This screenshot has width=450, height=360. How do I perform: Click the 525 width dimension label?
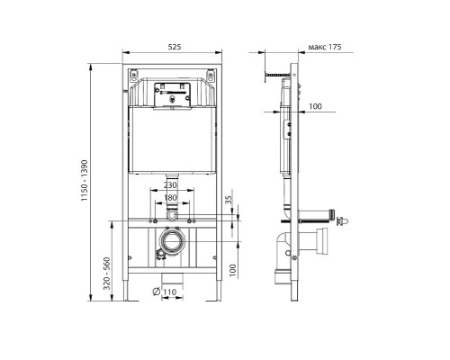point(175,47)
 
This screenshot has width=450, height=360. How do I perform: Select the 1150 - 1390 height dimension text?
point(85,181)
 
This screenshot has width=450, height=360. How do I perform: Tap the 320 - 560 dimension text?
point(107,274)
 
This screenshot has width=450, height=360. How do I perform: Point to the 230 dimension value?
point(170,185)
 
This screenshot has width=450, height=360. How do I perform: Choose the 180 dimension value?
point(170,198)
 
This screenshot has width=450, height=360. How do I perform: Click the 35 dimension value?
point(229,200)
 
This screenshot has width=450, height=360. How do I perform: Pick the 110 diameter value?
point(169,292)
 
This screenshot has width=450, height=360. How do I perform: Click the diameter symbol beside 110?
point(156,292)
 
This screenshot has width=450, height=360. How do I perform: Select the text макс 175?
point(325,47)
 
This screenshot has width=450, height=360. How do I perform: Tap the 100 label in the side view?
point(315,106)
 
